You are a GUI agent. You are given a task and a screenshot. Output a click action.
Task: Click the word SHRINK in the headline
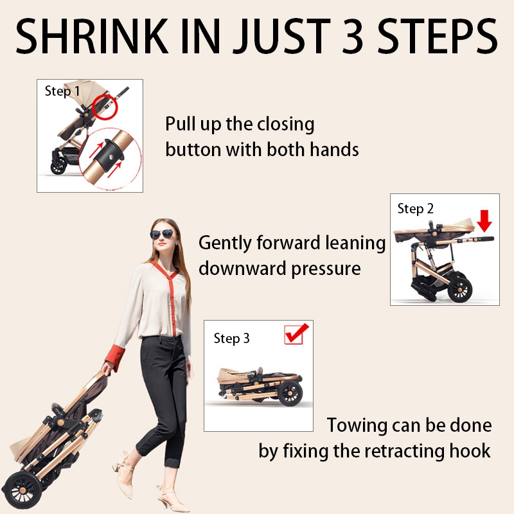coord(92,36)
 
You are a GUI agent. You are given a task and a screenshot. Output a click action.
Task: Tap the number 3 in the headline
coord(353,36)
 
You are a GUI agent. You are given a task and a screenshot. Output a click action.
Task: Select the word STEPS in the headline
coord(438,36)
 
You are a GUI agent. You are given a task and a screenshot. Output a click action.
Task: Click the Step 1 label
coord(62,91)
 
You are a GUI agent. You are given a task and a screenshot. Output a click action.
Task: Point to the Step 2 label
coord(415,209)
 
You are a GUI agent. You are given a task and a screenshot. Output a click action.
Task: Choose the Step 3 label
coord(231,339)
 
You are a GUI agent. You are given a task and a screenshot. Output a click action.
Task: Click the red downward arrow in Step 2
coord(484,220)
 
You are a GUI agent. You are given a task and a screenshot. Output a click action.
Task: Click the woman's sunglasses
coord(163,234)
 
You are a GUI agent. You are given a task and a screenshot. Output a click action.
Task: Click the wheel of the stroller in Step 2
coord(459,290)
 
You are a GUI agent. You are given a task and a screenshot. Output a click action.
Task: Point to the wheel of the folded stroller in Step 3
coord(290,393)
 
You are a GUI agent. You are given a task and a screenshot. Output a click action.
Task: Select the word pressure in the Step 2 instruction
coord(326,269)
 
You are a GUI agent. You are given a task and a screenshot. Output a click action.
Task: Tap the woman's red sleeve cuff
coord(115,358)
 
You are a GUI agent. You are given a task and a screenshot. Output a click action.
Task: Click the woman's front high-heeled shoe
coord(173,499)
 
